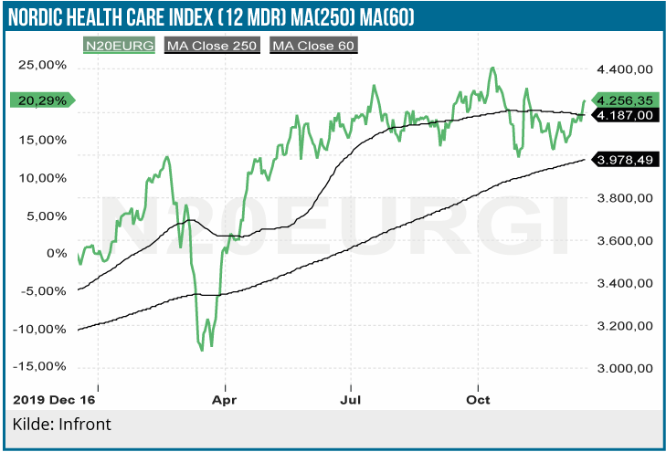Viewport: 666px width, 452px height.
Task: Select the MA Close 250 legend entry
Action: click(212, 44)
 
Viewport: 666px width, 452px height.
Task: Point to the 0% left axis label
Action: click(57, 253)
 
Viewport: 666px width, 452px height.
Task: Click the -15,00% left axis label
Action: click(42, 366)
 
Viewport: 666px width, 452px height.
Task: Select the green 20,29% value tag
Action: click(42, 100)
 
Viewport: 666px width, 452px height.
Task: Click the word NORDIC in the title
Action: click(43, 16)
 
